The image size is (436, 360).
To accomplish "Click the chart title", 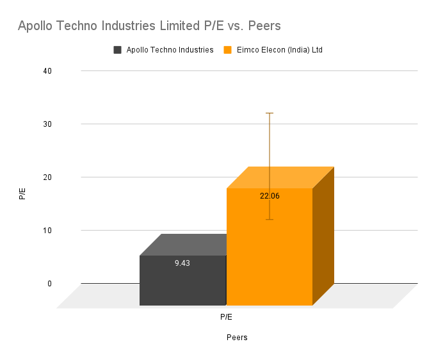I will pos(149,26).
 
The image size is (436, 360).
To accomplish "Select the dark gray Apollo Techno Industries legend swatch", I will pos(118,50).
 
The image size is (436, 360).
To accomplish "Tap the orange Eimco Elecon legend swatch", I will pos(227,50).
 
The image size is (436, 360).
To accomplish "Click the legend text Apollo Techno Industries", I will pos(170,50).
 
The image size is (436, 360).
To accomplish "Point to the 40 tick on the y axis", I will pos(47,70).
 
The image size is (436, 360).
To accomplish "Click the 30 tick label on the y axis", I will pos(47,124).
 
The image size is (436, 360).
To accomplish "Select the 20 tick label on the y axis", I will pos(47,177).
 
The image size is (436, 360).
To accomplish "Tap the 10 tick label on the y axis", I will pos(47,230).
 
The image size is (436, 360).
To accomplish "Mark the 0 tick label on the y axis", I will pos(49,283).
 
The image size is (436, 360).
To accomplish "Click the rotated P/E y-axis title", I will pos(23,193).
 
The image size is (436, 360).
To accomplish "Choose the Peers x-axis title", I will pos(237,338).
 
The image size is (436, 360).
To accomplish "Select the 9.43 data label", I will pos(182,263).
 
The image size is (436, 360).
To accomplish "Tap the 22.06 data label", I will pos(270,196).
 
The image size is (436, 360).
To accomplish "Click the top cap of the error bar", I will pos(270,113).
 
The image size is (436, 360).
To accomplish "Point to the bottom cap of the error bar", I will pos(270,220).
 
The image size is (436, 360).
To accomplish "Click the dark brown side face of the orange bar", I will pos(323,237).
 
